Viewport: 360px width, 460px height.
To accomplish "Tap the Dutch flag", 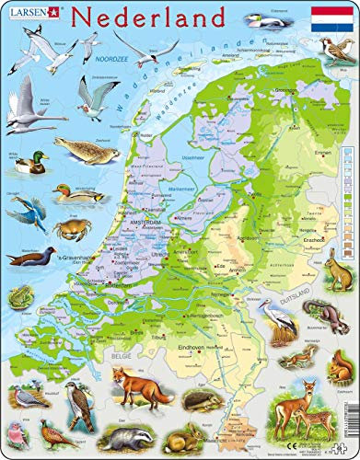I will [x=331, y=18].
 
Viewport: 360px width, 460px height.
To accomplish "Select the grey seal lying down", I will [x=81, y=147].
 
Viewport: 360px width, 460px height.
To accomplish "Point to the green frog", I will [x=17, y=295].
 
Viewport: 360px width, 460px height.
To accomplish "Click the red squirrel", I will [x=299, y=359].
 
